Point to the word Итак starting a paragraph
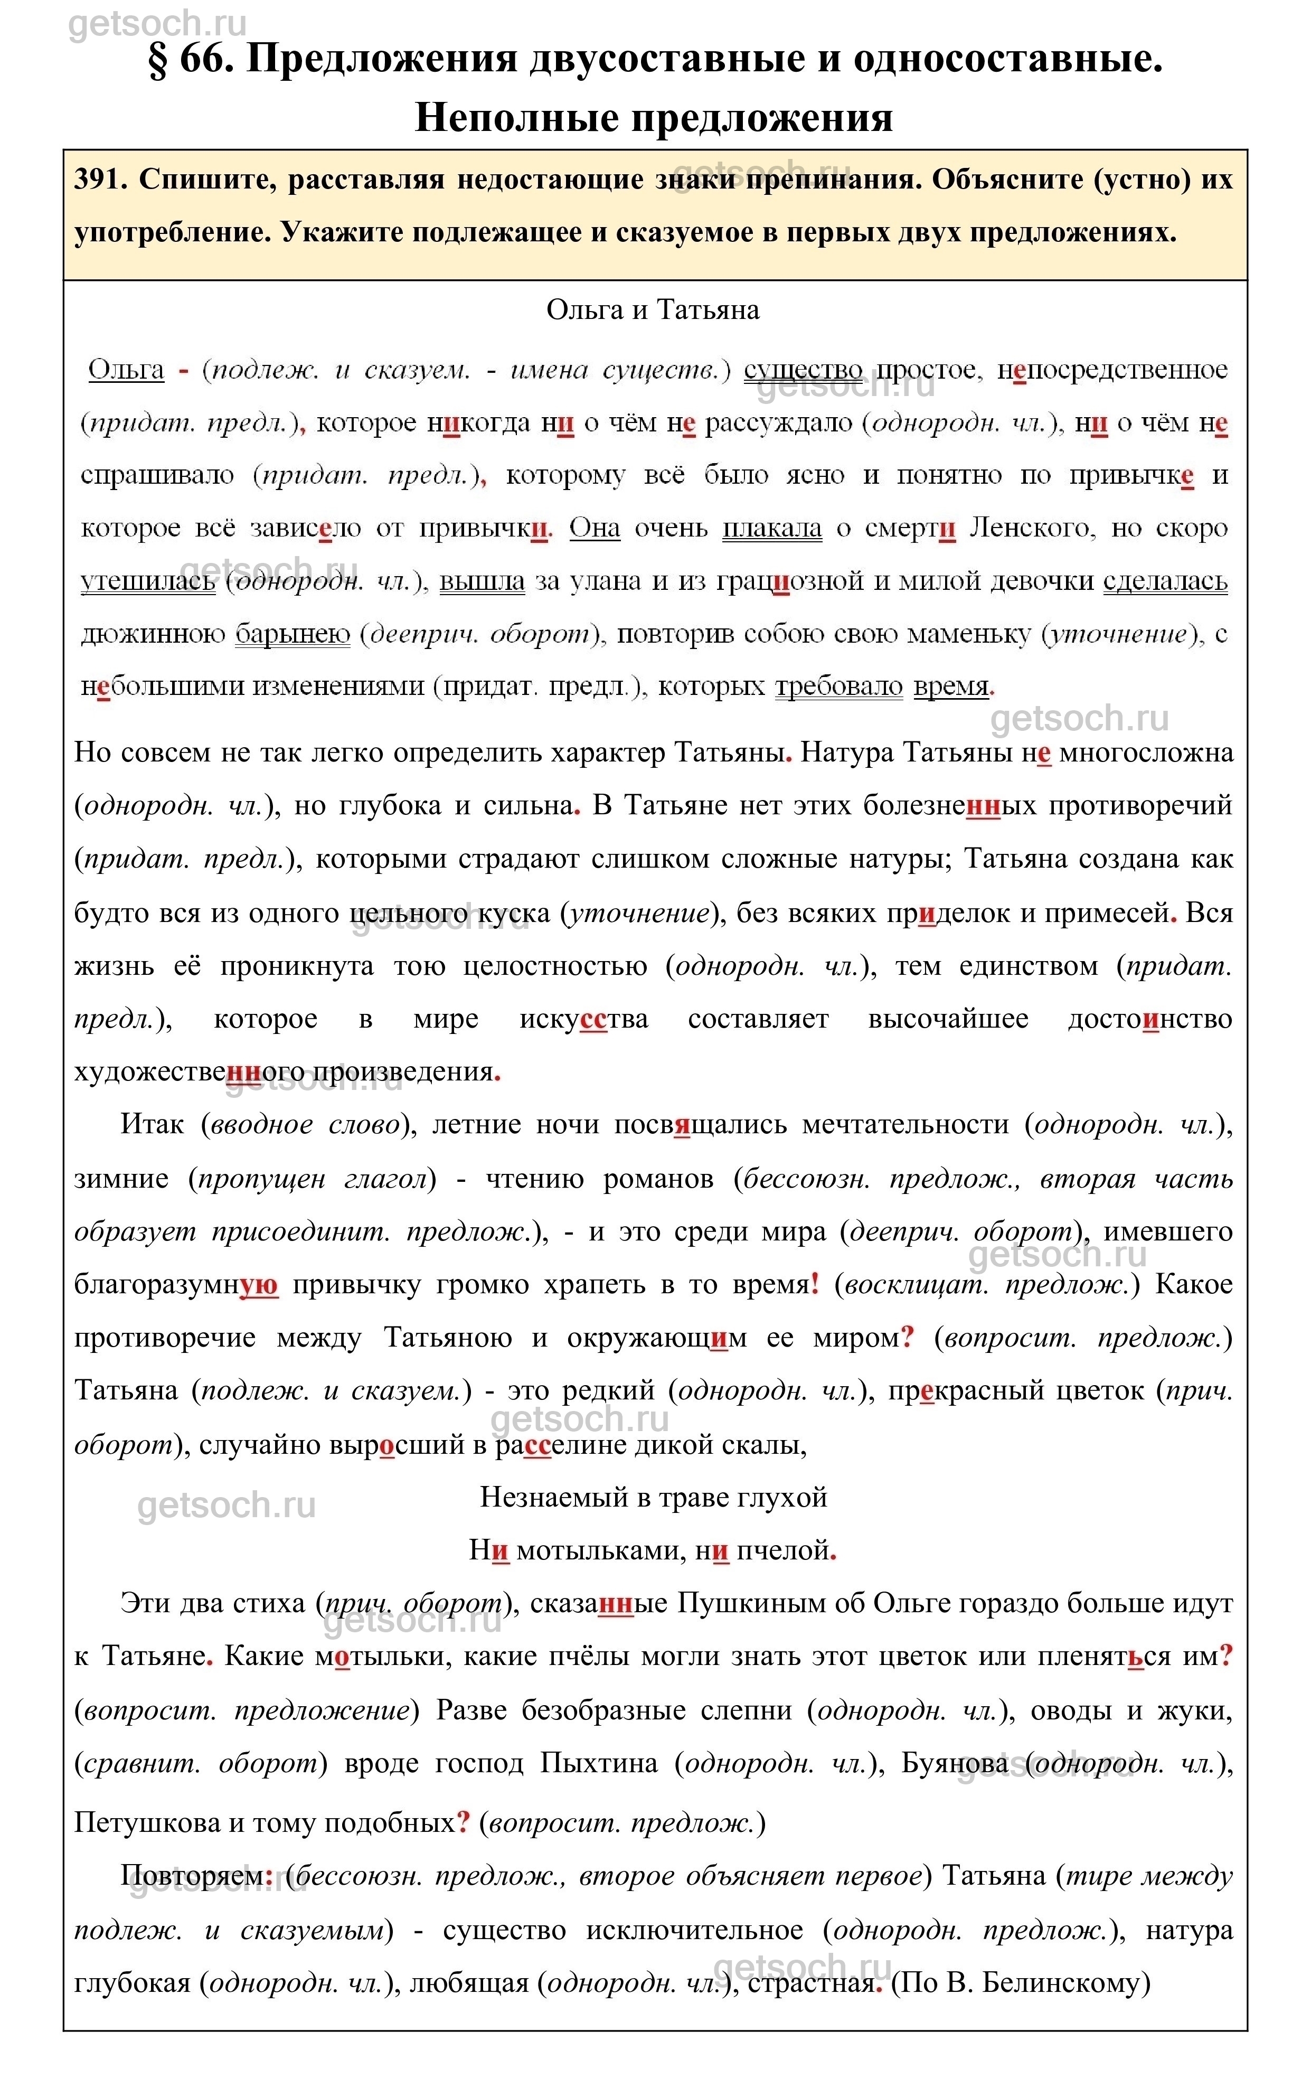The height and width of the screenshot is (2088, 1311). click(x=153, y=1125)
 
